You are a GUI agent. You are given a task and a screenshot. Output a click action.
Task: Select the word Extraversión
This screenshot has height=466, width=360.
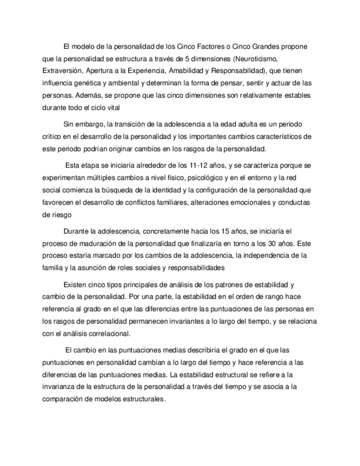[60, 71]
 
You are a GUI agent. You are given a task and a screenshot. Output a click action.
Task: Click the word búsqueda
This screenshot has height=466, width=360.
[131, 190]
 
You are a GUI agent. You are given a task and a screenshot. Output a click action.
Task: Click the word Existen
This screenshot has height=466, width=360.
[76, 284]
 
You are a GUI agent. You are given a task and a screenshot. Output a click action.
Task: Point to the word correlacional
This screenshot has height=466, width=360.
[109, 333]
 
